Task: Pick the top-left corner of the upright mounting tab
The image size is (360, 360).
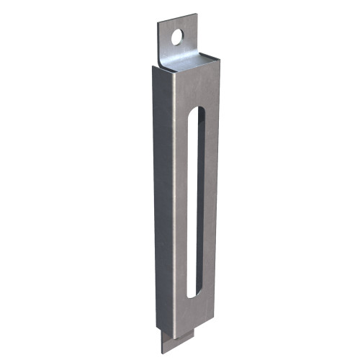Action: coord(160,23)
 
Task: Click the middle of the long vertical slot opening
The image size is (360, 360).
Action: coord(194,202)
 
